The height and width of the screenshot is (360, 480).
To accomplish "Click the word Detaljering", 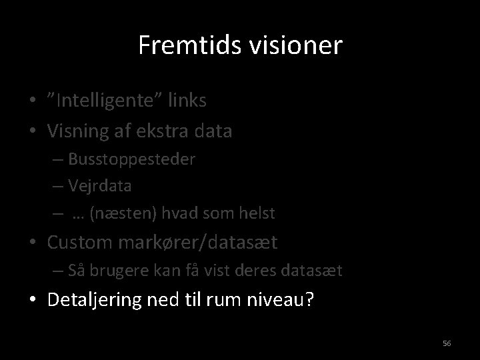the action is [94, 301].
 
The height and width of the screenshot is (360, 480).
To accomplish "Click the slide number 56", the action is [447, 343].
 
